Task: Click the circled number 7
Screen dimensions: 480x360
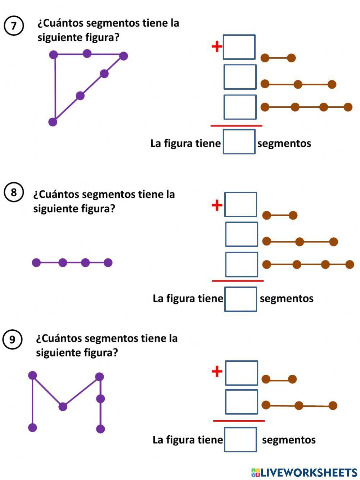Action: pos(14,26)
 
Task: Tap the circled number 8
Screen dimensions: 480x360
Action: pos(14,192)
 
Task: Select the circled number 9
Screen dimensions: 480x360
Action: pos(12,339)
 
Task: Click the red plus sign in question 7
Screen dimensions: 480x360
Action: pos(217,46)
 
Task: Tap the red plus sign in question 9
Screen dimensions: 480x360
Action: pos(217,371)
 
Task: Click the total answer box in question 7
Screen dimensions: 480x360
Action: pos(239,142)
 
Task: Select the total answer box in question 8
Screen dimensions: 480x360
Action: pos(240,299)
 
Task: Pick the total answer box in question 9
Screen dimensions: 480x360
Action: pos(240,439)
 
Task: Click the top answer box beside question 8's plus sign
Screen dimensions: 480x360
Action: pos(240,204)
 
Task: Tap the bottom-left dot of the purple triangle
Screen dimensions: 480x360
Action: pos(53,122)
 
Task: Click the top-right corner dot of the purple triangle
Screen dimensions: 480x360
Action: pos(123,56)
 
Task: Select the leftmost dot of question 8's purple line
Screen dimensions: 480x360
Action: pos(36,263)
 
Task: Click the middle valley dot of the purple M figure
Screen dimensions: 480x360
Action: pos(63,407)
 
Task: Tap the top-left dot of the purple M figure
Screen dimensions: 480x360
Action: pos(32,375)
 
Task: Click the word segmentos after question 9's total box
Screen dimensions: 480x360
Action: pos(289,440)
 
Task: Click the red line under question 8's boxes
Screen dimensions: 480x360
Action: pos(238,281)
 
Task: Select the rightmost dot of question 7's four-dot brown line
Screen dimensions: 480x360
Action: pos(348,107)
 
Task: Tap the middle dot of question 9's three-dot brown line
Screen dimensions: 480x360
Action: pos(299,406)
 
